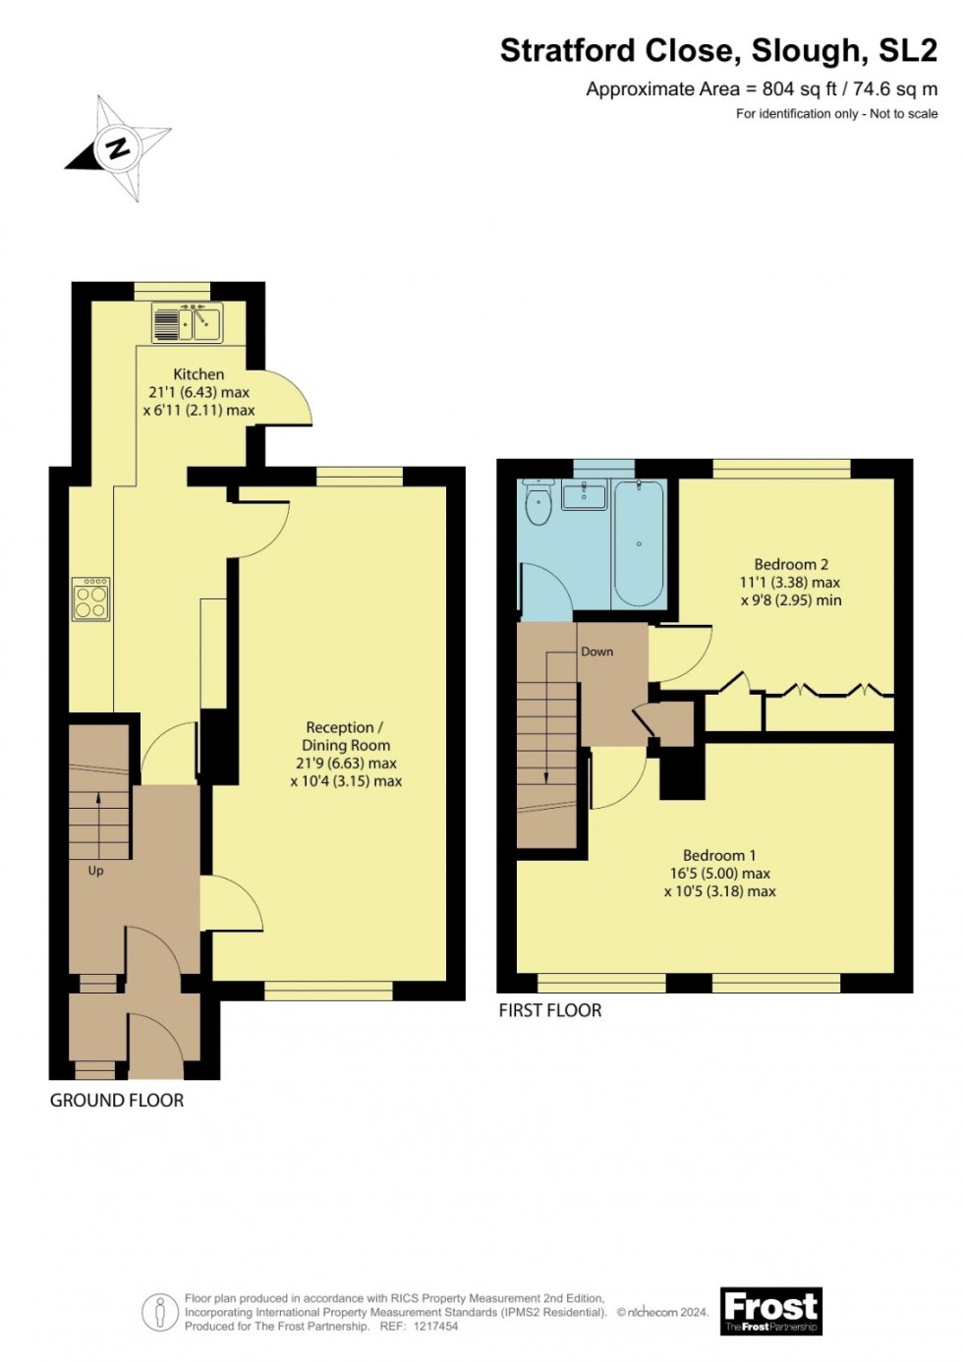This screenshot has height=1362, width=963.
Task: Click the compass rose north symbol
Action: [x=118, y=149]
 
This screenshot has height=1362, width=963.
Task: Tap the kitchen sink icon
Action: [x=188, y=322]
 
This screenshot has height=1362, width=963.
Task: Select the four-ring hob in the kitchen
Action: [x=90, y=598]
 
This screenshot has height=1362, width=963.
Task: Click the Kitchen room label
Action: [x=198, y=374]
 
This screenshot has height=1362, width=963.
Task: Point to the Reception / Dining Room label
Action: [x=345, y=736]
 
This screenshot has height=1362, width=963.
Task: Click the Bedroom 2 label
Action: [x=791, y=564]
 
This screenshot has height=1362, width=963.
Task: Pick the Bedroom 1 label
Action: [x=719, y=855]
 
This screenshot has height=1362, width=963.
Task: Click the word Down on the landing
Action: [x=596, y=652]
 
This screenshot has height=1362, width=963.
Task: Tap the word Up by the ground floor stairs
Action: [x=95, y=871]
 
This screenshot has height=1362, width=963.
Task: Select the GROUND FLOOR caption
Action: [x=117, y=1101]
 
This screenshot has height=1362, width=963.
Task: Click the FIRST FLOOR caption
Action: [x=550, y=1010]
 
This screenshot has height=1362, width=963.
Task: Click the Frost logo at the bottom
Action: [x=771, y=1311]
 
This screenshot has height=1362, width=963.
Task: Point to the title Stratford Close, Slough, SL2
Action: [x=718, y=50]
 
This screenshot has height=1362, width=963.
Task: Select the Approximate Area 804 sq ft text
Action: [x=762, y=89]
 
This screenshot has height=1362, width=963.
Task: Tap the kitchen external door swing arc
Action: [x=290, y=399]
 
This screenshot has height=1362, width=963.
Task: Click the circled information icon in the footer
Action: [x=160, y=1312]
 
